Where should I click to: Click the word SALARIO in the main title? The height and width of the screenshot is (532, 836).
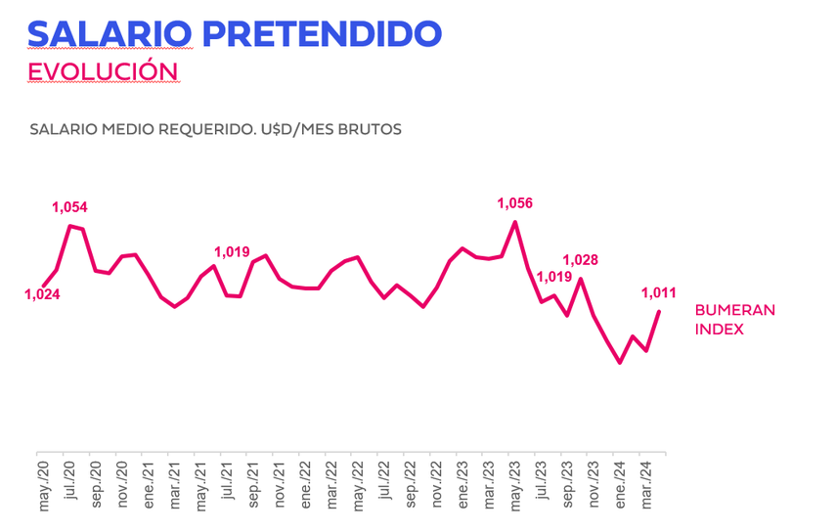tap(110, 32)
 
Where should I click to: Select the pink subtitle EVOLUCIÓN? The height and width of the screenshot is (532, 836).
tap(103, 71)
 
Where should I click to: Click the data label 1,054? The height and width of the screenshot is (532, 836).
tap(69, 206)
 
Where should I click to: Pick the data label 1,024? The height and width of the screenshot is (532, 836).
tap(42, 293)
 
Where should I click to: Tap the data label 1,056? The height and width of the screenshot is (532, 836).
tap(514, 203)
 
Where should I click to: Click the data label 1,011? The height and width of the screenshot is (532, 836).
tap(658, 291)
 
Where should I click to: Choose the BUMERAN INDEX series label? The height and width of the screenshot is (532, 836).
tap(734, 320)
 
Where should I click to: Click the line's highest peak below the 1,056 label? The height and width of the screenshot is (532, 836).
tap(515, 222)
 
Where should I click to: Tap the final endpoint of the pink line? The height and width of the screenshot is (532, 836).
tap(660, 312)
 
